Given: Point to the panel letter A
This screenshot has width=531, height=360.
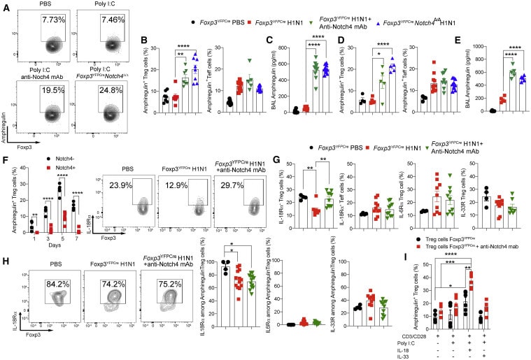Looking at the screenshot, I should tap(6, 6).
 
